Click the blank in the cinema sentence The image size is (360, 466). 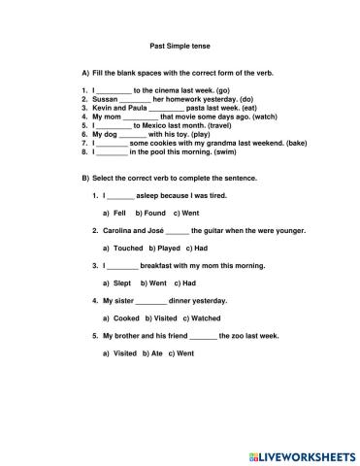114,90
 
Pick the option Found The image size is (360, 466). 153,212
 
